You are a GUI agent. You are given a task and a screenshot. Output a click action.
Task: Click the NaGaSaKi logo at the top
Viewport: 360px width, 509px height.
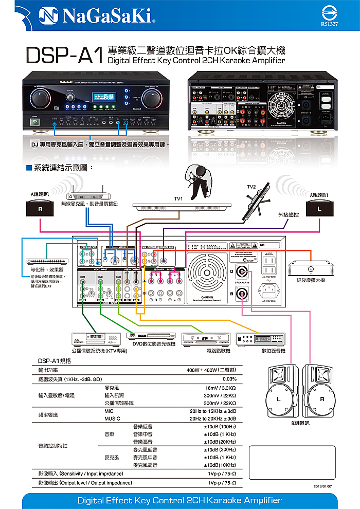[x=93, y=19]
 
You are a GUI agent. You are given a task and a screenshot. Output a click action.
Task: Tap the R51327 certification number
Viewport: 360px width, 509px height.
[x=329, y=24]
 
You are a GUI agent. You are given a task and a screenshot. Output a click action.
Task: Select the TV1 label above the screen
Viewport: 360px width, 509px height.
[x=178, y=198]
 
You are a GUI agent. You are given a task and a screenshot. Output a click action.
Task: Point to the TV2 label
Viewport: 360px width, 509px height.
[x=251, y=186]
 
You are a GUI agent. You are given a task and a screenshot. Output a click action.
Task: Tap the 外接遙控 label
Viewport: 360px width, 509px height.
[x=288, y=214]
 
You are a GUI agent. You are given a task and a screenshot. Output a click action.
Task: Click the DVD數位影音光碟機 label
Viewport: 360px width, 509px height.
[x=154, y=343]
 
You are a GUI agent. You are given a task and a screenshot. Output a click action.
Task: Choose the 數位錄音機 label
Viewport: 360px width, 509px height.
[x=273, y=351]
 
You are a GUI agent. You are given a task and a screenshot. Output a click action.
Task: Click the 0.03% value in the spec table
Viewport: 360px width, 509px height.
[x=229, y=379]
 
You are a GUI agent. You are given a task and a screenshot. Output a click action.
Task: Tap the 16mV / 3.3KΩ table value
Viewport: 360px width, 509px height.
[x=220, y=388]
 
